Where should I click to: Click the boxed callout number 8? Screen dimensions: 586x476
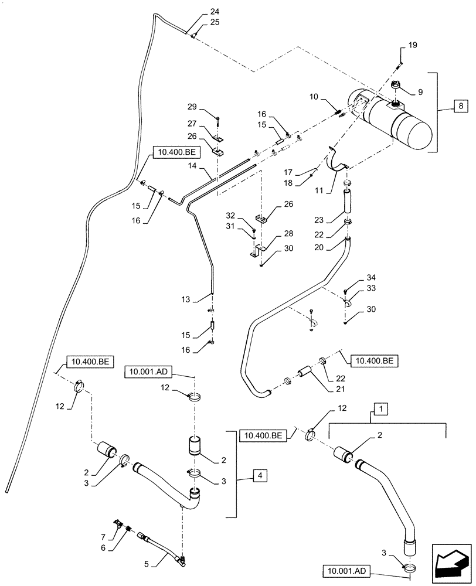pyautogui.click(x=460, y=107)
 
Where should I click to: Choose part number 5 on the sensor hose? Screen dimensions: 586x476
pyautogui.click(x=148, y=565)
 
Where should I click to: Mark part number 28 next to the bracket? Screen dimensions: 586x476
pyautogui.click(x=272, y=234)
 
